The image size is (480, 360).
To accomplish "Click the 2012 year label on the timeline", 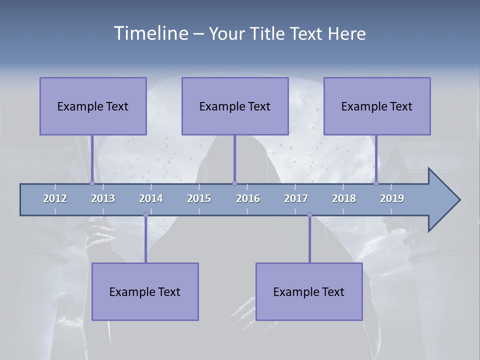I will [55, 198].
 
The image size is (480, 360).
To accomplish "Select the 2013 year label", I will [103, 198].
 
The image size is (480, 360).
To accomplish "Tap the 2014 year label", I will [151, 198].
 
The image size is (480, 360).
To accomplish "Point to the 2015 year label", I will [199, 198].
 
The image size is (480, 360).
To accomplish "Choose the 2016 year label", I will [248, 198].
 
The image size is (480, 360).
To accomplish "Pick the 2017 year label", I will [296, 198].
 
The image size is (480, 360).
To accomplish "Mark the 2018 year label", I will [344, 198].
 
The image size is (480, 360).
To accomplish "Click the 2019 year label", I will [392, 198].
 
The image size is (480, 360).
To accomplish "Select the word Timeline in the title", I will [150, 33].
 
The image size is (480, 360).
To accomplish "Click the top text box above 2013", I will [93, 106].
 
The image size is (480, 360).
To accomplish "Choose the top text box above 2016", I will [235, 106].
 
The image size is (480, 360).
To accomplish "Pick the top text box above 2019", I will [377, 106].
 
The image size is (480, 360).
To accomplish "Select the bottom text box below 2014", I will [145, 291].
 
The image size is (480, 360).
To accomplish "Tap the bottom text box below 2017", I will [309, 291].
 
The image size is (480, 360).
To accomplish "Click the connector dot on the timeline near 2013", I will [92, 183].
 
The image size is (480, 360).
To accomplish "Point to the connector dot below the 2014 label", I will [145, 215].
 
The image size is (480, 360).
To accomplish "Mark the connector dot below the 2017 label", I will [309, 215].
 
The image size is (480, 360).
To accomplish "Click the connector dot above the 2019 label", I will [376, 183].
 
